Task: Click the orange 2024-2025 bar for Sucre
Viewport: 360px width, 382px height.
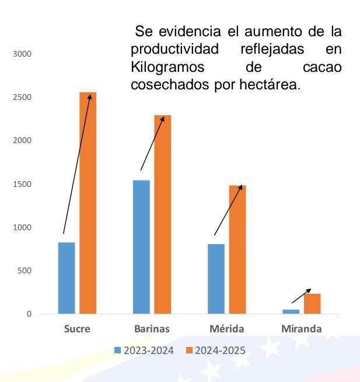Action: pyautogui.click(x=88, y=204)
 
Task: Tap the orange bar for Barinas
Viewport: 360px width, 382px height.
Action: pyautogui.click(x=163, y=216)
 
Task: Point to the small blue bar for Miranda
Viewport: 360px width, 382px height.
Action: pyautogui.click(x=291, y=311)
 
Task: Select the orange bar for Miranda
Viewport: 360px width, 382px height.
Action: pyautogui.click(x=312, y=304)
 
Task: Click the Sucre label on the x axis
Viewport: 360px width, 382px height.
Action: pyautogui.click(x=76, y=329)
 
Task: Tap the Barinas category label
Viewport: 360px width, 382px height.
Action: pyautogui.click(x=151, y=329)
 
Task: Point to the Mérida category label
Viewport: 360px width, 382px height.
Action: pyautogui.click(x=226, y=329)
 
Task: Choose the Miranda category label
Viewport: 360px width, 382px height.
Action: pyautogui.click(x=301, y=329)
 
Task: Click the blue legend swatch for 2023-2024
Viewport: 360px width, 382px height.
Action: pyautogui.click(x=117, y=350)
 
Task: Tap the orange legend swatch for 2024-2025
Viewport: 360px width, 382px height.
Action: pyautogui.click(x=189, y=350)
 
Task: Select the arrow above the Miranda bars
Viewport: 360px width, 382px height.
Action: pyautogui.click(x=301, y=295)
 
